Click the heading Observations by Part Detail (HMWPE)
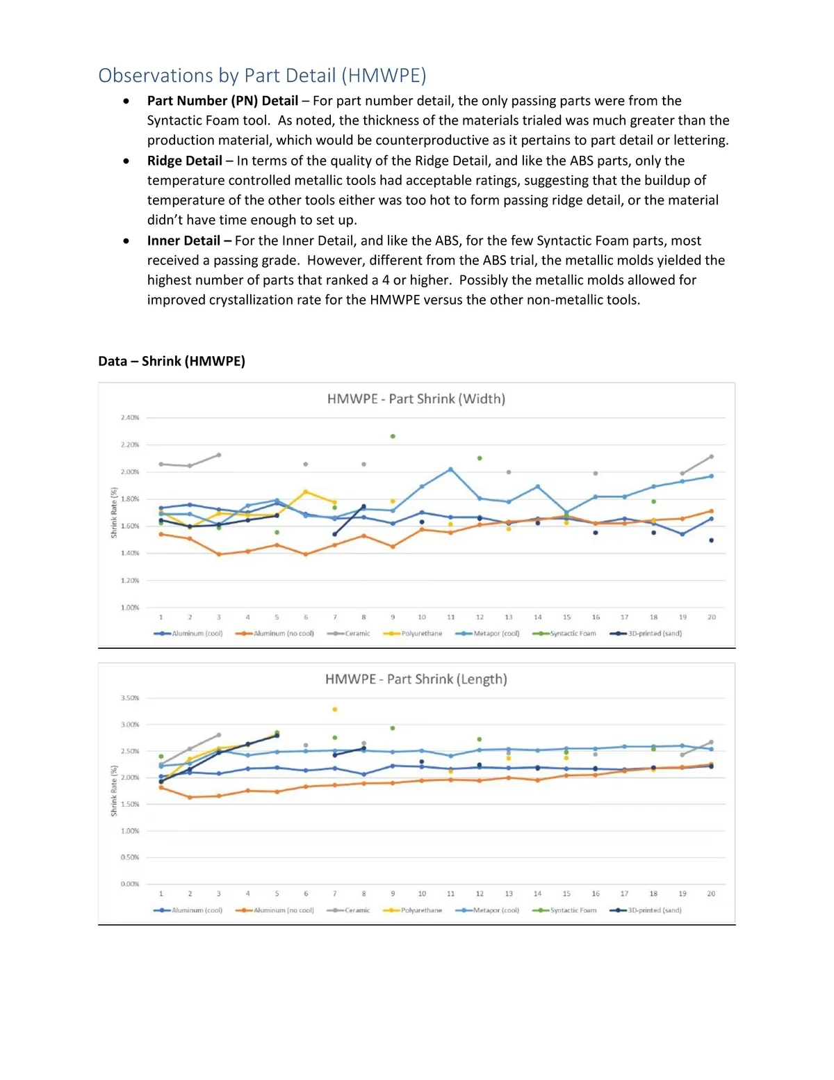[x=262, y=75]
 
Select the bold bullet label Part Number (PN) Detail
[x=222, y=101]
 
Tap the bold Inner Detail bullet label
[x=183, y=241]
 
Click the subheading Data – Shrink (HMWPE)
[x=172, y=361]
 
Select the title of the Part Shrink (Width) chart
[x=416, y=399]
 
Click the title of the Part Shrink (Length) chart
[x=416, y=679]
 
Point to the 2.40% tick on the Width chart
[x=130, y=418]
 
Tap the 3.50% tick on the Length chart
[x=130, y=698]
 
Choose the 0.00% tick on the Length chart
[x=130, y=884]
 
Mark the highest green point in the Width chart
[x=393, y=437]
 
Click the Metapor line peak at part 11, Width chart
[x=451, y=469]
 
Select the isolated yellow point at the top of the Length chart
[x=335, y=709]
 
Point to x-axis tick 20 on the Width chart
[x=712, y=618]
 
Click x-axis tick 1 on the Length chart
[x=161, y=894]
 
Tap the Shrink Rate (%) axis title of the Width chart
[x=114, y=513]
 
